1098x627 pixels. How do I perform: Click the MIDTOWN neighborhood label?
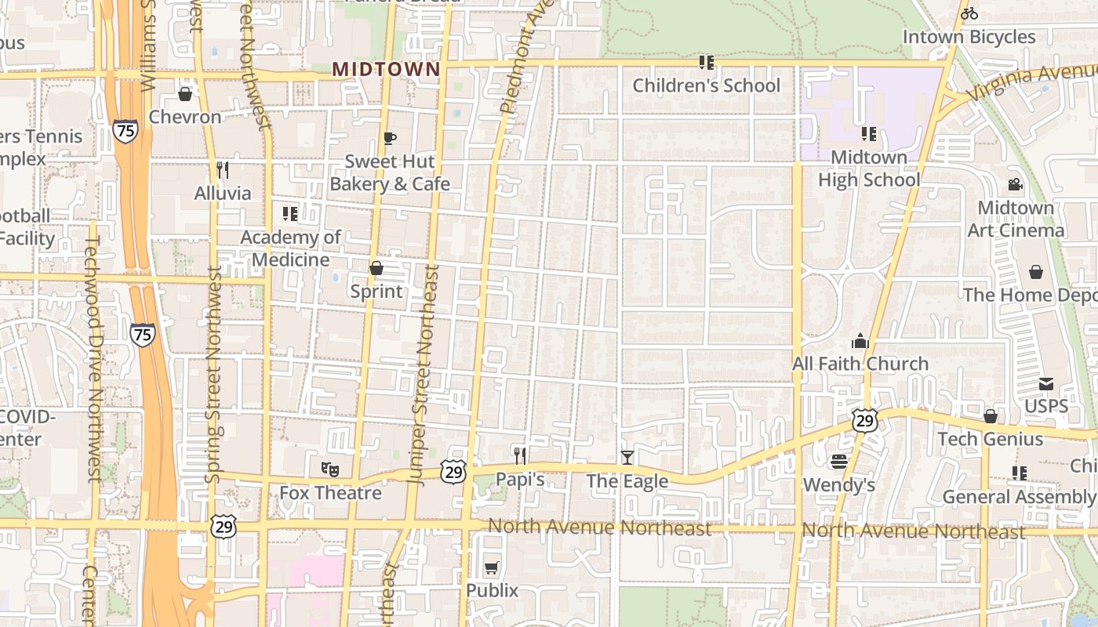click(x=386, y=69)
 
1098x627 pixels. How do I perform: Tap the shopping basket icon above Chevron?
click(x=185, y=95)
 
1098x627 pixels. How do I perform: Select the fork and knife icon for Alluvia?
click(x=223, y=170)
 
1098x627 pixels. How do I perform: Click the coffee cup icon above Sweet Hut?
click(x=389, y=139)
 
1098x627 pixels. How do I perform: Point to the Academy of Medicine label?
click(x=290, y=248)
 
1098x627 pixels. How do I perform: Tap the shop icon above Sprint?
click(x=376, y=269)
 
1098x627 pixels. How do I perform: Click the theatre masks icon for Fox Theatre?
click(x=330, y=469)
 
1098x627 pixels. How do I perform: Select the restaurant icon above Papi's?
click(x=519, y=456)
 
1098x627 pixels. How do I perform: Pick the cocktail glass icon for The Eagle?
click(x=627, y=458)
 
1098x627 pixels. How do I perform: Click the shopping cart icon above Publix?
click(x=492, y=567)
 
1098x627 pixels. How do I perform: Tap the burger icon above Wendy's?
click(x=838, y=462)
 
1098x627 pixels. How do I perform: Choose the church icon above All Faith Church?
click(x=860, y=341)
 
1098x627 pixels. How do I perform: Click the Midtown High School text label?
click(x=869, y=169)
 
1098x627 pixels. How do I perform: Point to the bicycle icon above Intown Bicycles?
click(x=969, y=13)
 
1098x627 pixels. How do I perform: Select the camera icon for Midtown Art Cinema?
click(x=1015, y=185)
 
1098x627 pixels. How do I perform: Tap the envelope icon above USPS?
click(x=1046, y=384)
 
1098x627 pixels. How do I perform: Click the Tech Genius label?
click(x=991, y=439)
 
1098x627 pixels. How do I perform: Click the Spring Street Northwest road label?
click(x=213, y=375)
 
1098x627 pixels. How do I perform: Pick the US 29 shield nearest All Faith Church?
click(x=865, y=421)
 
